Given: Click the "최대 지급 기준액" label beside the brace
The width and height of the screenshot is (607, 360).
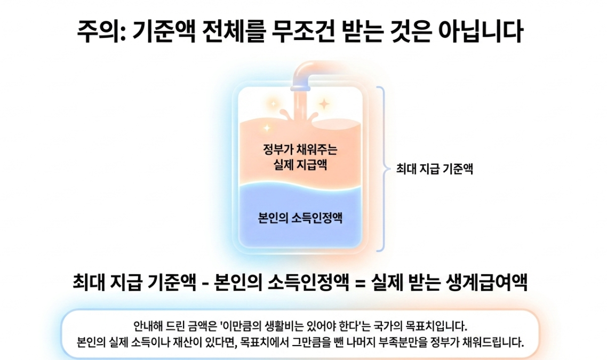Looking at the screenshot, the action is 435,170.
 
